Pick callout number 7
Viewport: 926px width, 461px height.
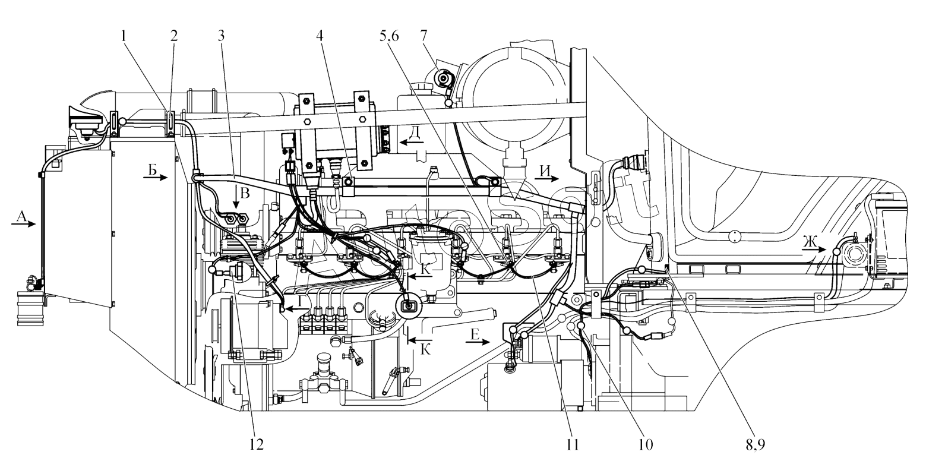coord(440,35)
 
